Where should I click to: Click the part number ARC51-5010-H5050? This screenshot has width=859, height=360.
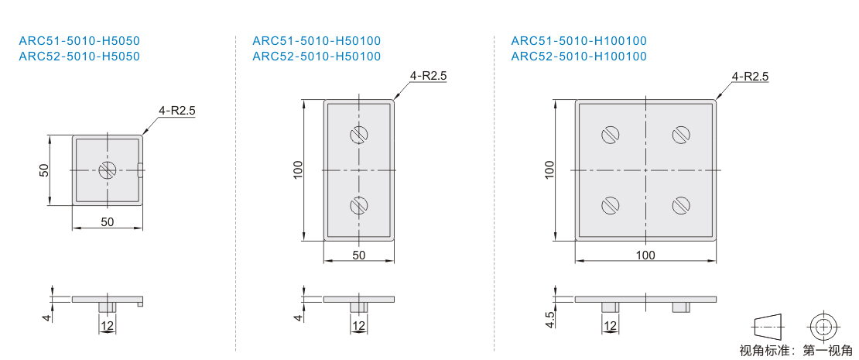pos(80,40)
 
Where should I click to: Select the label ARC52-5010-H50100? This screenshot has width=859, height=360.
pos(317,56)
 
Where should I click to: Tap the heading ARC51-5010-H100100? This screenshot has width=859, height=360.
pos(579,40)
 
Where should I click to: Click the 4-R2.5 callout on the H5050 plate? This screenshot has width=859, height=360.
pos(177,110)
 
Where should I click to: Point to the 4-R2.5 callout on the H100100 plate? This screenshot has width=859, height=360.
pos(750,76)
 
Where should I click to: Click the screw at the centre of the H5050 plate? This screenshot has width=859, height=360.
pos(108,170)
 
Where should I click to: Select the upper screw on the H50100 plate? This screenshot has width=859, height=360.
pos(359,134)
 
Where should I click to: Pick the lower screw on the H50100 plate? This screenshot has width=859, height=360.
pos(359,205)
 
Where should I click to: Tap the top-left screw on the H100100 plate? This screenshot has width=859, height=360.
pos(611,134)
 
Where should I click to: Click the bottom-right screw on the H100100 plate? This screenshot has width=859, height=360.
pos(681,205)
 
